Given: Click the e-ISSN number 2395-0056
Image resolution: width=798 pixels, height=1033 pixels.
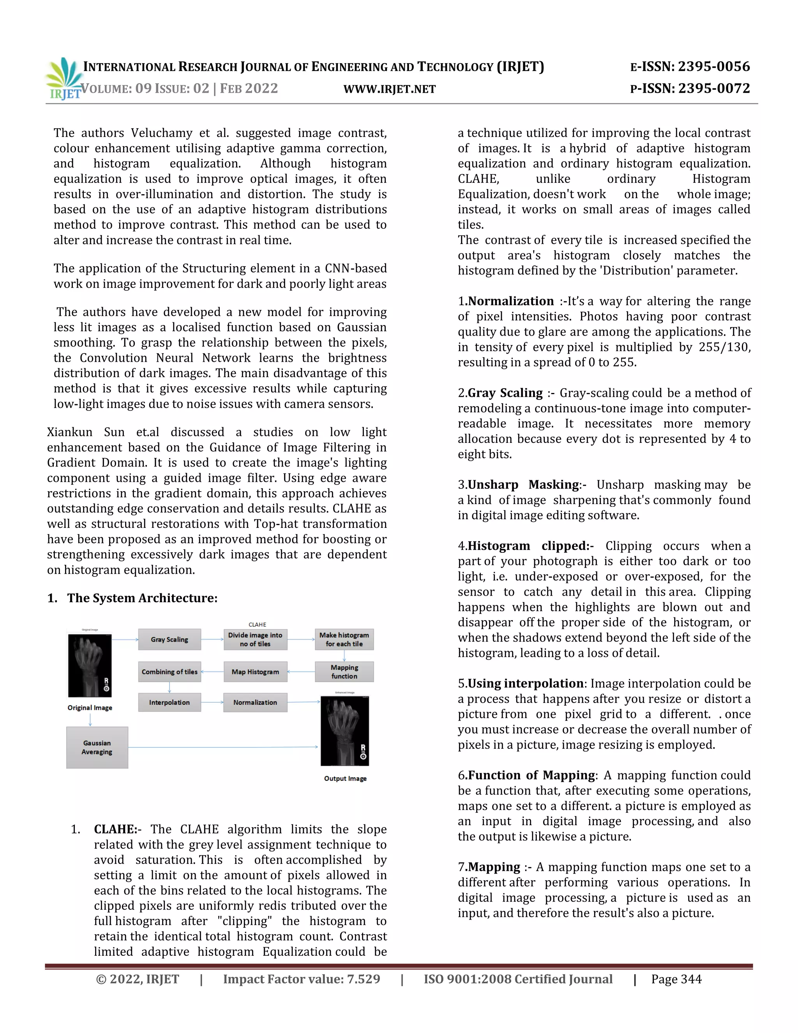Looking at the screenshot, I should (x=714, y=67).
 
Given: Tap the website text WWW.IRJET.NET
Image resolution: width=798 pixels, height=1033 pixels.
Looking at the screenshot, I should (x=390, y=89).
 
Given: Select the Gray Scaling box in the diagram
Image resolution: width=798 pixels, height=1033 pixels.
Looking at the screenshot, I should (x=169, y=639).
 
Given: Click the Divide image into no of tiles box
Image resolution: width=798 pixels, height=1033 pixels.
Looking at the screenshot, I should (x=255, y=639).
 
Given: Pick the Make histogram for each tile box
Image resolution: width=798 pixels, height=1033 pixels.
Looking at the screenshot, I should (x=344, y=639).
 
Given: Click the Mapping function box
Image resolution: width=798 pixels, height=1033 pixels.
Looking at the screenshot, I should (x=344, y=672).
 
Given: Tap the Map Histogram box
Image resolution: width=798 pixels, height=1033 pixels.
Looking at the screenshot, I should (x=255, y=672).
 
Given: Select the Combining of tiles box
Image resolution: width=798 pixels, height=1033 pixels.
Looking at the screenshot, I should (x=169, y=672).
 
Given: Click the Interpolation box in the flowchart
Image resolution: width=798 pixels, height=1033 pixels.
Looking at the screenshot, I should (x=169, y=702).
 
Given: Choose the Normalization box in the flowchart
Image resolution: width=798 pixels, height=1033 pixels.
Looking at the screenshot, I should (x=255, y=702).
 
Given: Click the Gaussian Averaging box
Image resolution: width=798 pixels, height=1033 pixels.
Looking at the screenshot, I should (x=97, y=747).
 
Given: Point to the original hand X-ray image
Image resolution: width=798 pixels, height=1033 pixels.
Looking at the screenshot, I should (x=90, y=665).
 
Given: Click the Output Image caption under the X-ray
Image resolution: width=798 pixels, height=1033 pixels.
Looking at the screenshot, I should (x=345, y=778).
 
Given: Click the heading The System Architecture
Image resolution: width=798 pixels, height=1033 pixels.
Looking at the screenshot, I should (x=142, y=598).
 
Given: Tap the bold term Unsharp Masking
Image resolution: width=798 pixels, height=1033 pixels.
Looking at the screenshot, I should (x=523, y=485).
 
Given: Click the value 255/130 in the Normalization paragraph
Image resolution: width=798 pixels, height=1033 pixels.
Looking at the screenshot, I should (x=724, y=347).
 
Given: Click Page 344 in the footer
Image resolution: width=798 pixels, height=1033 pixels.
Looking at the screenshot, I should (x=676, y=979).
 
